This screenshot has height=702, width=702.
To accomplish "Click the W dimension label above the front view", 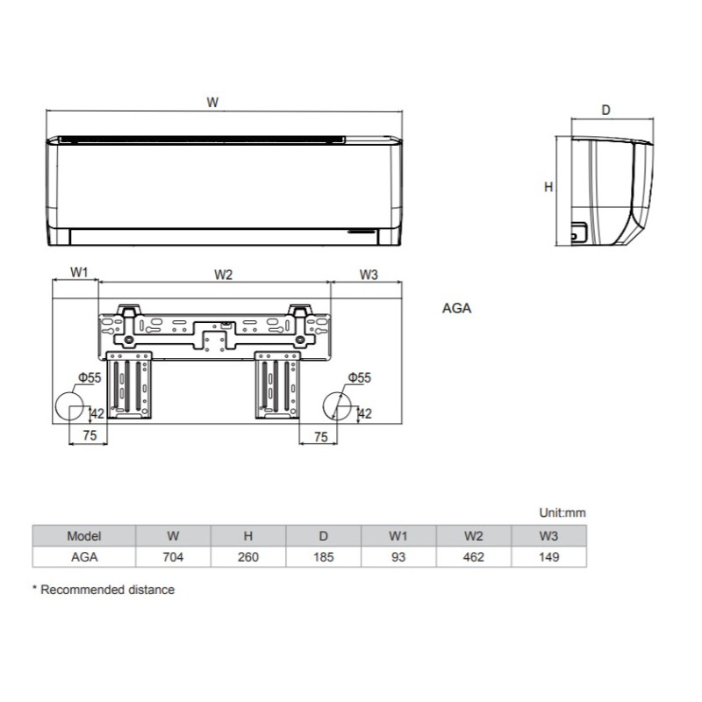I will point(212,103).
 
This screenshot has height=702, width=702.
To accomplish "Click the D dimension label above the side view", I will point(605,111).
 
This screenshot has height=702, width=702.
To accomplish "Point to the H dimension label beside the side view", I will point(548,187).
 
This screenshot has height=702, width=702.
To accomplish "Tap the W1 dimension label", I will point(79,274).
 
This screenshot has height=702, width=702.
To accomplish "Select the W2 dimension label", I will point(223,274).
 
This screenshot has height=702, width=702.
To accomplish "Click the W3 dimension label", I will point(369,274).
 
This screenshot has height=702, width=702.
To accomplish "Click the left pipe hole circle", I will point(69,406).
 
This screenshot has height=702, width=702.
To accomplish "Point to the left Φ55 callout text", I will point(89,377).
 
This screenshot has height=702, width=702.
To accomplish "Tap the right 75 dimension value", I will point(320,436).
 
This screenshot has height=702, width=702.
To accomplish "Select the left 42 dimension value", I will point(97,413).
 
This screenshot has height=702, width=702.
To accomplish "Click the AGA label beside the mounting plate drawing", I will point(456,309).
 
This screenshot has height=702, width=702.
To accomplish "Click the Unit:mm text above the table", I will point(562,512).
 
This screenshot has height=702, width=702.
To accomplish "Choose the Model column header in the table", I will point(84,535).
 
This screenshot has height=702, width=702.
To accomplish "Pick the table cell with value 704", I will point(173,557).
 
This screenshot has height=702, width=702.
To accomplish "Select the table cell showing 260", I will point(248,557).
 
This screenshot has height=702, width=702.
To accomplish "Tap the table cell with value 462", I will point(473,557).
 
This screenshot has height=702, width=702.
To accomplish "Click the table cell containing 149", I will point(548,557).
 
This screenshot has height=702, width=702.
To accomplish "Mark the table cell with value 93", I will point(398,557).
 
